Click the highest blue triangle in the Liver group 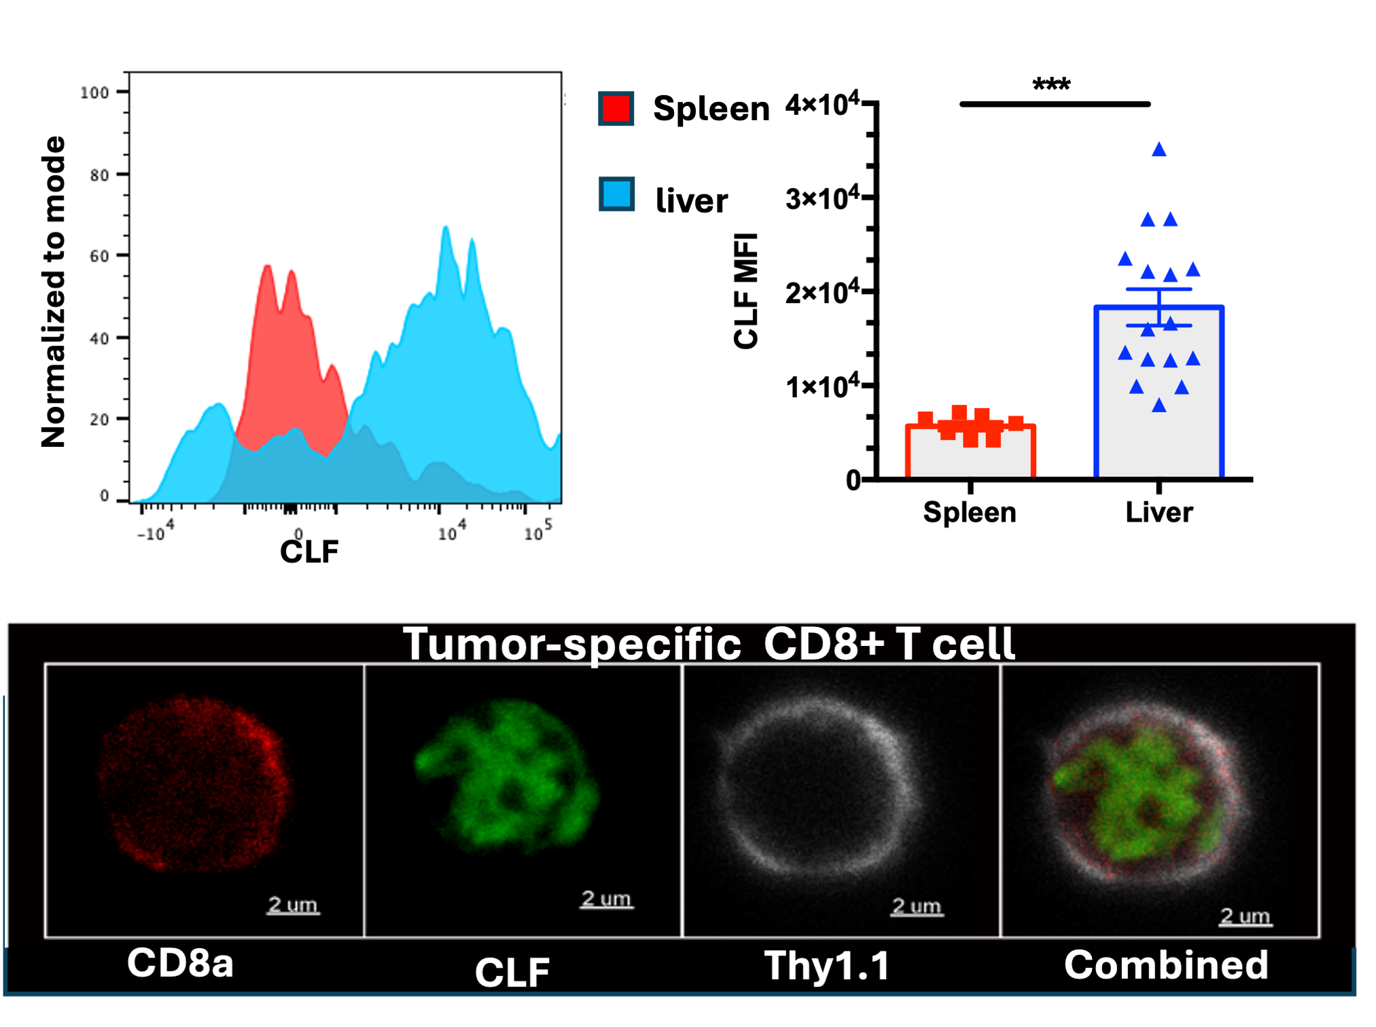1159,149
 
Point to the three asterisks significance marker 1051,86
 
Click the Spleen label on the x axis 970,512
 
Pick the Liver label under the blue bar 1159,512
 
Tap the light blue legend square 616,194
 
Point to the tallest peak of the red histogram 268,266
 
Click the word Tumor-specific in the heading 571,644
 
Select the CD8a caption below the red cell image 180,963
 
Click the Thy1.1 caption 827,965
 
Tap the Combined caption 1166,965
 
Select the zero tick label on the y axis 853,481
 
